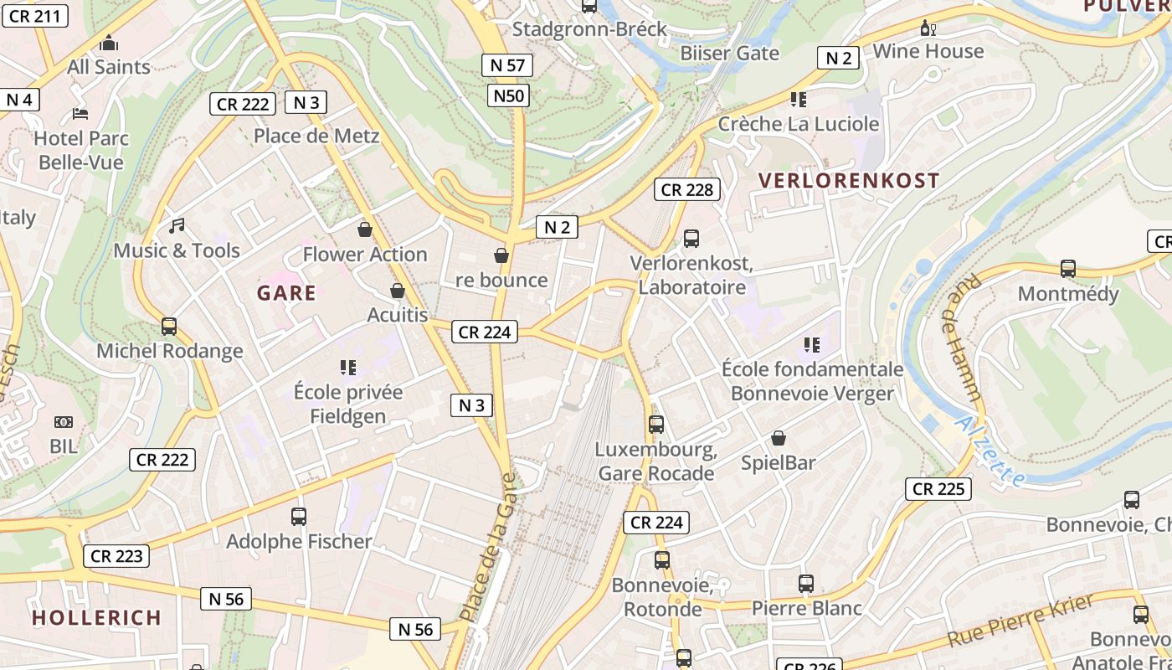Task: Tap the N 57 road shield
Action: click(507, 65)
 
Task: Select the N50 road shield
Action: click(507, 95)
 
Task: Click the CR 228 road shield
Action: click(686, 189)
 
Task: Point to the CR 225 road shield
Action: click(938, 489)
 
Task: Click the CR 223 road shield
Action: click(116, 555)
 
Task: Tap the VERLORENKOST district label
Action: click(849, 180)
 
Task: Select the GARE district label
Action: click(286, 293)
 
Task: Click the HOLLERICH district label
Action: click(96, 618)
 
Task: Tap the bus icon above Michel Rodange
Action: click(169, 327)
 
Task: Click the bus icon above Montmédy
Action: click(1068, 269)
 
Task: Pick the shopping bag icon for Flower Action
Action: click(365, 229)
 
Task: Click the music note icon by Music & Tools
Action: click(177, 225)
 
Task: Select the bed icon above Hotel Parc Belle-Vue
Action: click(80, 113)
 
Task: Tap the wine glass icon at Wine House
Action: click(928, 28)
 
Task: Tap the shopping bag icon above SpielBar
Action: click(779, 438)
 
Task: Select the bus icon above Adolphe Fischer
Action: click(299, 517)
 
